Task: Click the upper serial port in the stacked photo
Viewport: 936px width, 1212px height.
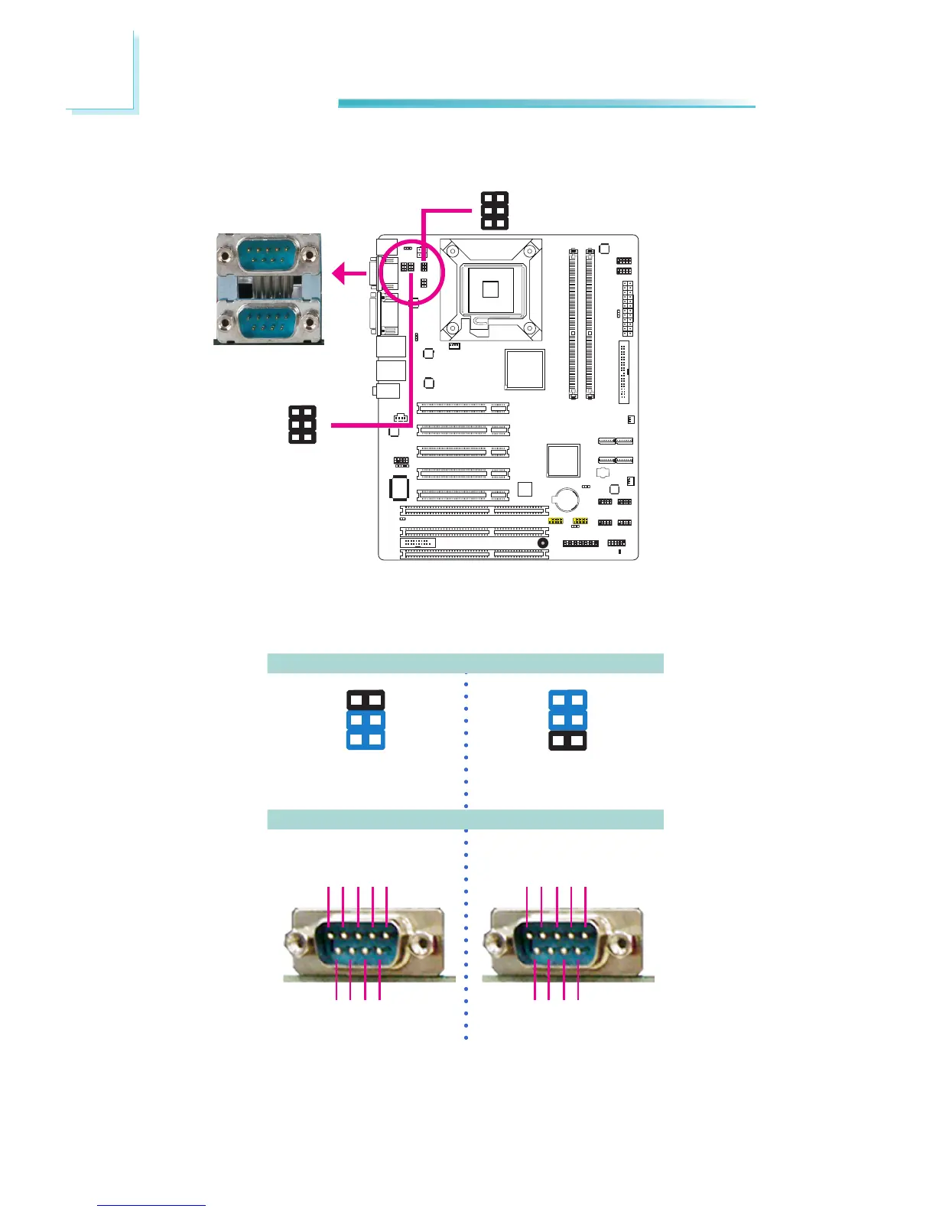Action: pyautogui.click(x=267, y=252)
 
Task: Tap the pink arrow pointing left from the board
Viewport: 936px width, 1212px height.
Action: pyautogui.click(x=349, y=272)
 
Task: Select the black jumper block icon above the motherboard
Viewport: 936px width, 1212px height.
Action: pyautogui.click(x=494, y=210)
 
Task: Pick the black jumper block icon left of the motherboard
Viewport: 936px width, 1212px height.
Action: pyautogui.click(x=303, y=425)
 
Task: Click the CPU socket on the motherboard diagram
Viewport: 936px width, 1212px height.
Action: pyautogui.click(x=490, y=288)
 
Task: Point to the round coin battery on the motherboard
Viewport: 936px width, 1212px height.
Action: pyautogui.click(x=567, y=500)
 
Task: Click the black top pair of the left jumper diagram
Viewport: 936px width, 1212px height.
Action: pyautogui.click(x=366, y=700)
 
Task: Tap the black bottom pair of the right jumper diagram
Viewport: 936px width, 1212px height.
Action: pyautogui.click(x=568, y=741)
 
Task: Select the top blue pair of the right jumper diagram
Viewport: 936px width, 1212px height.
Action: pyautogui.click(x=568, y=700)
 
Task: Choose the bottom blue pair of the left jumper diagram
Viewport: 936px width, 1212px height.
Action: pyautogui.click(x=366, y=740)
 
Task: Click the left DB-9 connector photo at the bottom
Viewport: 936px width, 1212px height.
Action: pyautogui.click(x=359, y=943)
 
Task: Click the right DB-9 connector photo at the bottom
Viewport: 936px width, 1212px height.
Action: pyautogui.click(x=557, y=943)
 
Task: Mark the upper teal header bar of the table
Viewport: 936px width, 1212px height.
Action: pyautogui.click(x=465, y=663)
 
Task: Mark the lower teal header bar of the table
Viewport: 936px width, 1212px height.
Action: pyautogui.click(x=465, y=819)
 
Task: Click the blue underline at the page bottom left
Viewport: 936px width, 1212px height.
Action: pyautogui.click(x=151, y=1205)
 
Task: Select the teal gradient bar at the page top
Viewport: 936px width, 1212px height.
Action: pyautogui.click(x=546, y=103)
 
